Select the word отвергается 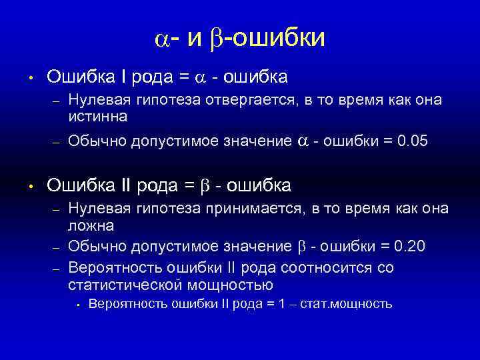click(253, 101)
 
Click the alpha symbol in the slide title click(163, 39)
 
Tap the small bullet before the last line click(78, 305)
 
